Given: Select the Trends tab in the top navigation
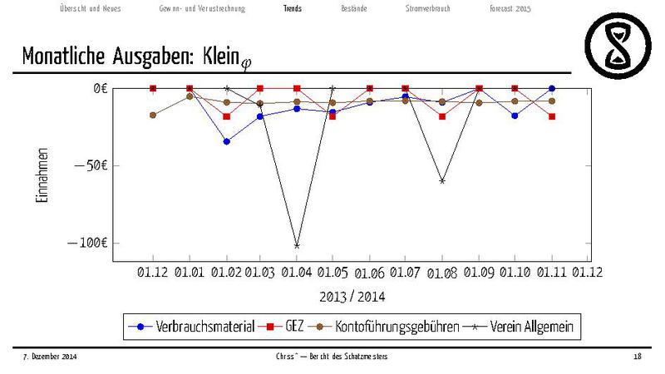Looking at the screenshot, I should click(292, 8).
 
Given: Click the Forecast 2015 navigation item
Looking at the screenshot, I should click(510, 8).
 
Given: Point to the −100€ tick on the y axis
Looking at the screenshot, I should click(89, 243).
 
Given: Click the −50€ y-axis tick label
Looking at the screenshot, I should click(92, 165).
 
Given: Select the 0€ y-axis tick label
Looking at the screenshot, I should click(100, 88).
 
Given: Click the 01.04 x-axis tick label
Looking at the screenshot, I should click(297, 272).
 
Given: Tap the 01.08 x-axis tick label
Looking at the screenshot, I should click(442, 272).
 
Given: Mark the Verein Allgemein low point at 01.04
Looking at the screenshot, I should click(297, 246).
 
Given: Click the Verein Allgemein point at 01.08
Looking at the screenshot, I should click(442, 180).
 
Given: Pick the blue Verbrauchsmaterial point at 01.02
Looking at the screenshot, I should click(226, 141).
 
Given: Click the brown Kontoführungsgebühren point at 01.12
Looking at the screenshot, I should click(153, 115).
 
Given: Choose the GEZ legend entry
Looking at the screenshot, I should click(287, 327).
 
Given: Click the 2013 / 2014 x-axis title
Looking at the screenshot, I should click(352, 296).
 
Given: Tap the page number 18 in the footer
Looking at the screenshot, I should click(637, 357).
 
